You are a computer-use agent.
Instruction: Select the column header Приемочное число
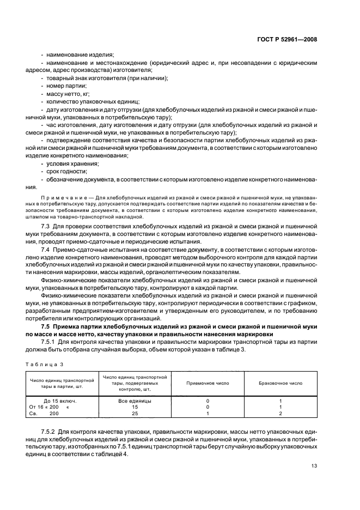(x=208, y=382)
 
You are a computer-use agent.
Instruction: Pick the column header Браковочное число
(x=280, y=382)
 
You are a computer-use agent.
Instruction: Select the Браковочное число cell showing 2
(x=280, y=414)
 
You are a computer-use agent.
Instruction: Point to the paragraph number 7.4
(x=46, y=248)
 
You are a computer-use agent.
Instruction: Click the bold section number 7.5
(x=46, y=326)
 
